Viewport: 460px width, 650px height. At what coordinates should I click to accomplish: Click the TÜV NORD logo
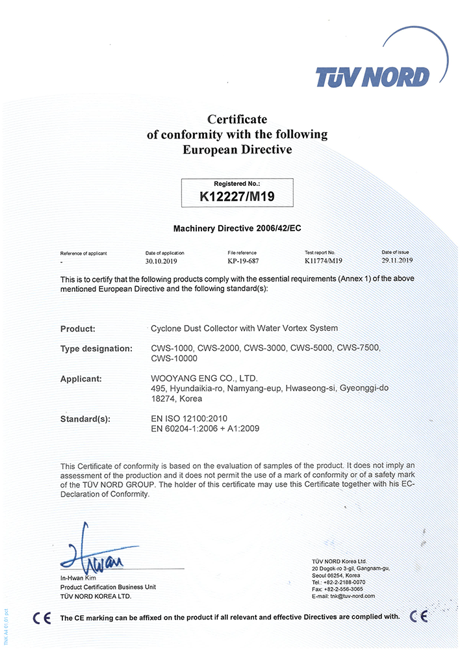point(372,77)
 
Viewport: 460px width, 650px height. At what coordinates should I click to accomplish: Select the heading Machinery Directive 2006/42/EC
point(237,229)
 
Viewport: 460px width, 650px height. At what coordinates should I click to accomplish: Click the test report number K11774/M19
point(323,261)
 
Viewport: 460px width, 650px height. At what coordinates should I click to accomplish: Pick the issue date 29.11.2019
point(397,260)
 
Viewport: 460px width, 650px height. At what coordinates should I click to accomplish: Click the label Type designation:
point(96,348)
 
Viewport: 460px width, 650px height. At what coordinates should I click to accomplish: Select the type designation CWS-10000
point(173,358)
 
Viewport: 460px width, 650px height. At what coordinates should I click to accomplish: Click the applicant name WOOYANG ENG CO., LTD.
point(204,378)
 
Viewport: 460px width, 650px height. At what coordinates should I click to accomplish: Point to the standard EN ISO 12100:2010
point(189,418)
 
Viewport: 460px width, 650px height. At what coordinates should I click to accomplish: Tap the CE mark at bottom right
point(419,616)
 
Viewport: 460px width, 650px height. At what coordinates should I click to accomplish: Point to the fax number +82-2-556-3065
point(340,589)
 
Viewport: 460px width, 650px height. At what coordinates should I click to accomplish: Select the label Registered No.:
point(236,184)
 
